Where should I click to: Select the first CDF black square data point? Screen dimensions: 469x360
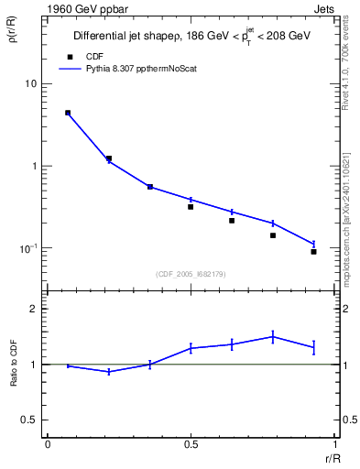[68, 113]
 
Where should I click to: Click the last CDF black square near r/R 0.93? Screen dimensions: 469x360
[313, 251]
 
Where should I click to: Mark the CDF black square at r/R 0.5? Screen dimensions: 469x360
[191, 207]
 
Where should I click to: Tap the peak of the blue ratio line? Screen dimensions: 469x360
[273, 336]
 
